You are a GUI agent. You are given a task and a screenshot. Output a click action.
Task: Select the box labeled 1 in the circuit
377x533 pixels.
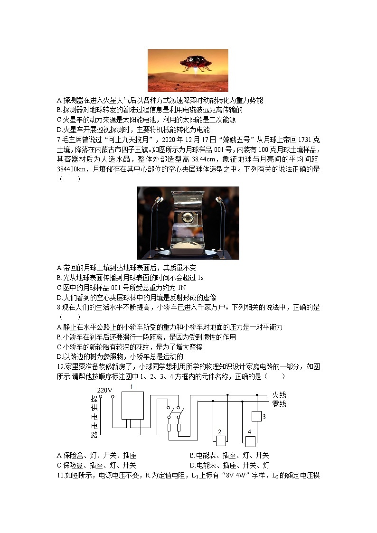pos(132,405)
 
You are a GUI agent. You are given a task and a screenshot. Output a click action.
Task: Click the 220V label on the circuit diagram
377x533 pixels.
pos(104,391)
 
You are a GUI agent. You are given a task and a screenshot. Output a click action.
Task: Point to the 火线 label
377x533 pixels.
pos(279,395)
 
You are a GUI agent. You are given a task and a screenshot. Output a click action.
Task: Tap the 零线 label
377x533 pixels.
pos(279,403)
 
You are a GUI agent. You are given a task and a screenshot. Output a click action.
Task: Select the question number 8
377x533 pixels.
pos(58,308)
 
